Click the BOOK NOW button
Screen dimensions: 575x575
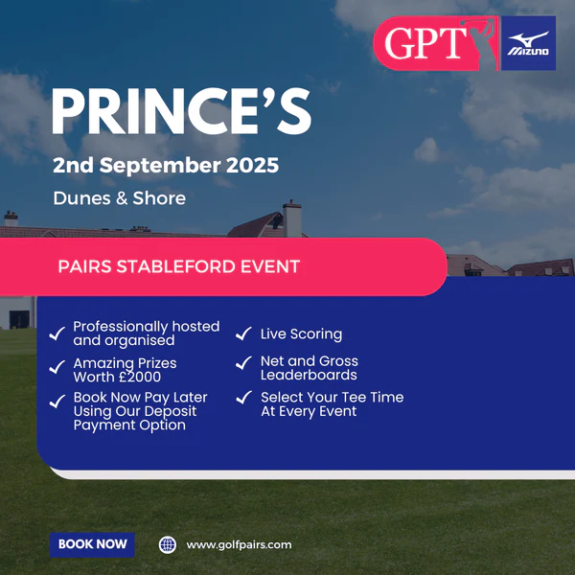coord(92,544)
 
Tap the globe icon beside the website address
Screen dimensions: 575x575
coord(168,545)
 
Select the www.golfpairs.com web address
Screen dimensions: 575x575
coord(239,545)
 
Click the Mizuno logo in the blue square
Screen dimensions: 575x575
coord(528,43)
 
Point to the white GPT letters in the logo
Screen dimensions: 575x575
coord(425,43)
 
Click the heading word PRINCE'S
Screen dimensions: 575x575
coord(182,111)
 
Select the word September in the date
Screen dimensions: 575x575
coord(160,166)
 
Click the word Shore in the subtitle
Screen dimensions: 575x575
coord(159,198)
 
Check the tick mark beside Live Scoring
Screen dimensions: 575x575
coord(243,333)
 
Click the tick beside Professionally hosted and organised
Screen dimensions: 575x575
coord(57,333)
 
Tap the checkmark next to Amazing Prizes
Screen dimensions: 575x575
coord(57,367)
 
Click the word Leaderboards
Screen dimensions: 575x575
coord(309,375)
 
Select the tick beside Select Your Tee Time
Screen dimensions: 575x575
coord(243,397)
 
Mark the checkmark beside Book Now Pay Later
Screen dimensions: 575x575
coord(57,402)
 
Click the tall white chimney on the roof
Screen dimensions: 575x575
coord(292,219)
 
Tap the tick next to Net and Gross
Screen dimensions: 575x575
coord(243,362)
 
